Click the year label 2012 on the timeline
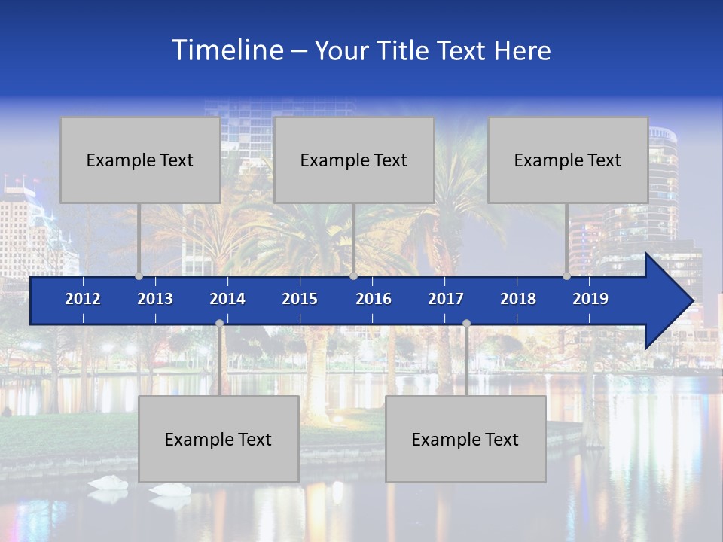pyautogui.click(x=83, y=299)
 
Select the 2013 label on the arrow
pyautogui.click(x=155, y=299)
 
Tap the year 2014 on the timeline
pyautogui.click(x=227, y=299)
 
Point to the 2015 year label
pyautogui.click(x=300, y=299)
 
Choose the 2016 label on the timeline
pyautogui.click(x=374, y=299)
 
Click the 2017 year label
pyautogui.click(x=446, y=299)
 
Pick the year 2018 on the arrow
pyautogui.click(x=518, y=299)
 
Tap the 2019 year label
pyautogui.click(x=590, y=299)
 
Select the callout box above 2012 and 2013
pyautogui.click(x=140, y=160)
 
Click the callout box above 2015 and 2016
pyautogui.click(x=354, y=160)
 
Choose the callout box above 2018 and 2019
pyautogui.click(x=568, y=160)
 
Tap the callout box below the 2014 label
pyautogui.click(x=218, y=439)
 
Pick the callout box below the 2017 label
pyautogui.click(x=465, y=439)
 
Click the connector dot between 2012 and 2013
pyautogui.click(x=139, y=276)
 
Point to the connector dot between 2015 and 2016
pyautogui.click(x=353, y=276)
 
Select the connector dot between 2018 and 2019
pyautogui.click(x=566, y=276)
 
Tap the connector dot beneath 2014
pyautogui.click(x=219, y=323)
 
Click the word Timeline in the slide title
pyautogui.click(x=227, y=50)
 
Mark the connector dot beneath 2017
pyautogui.click(x=466, y=323)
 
